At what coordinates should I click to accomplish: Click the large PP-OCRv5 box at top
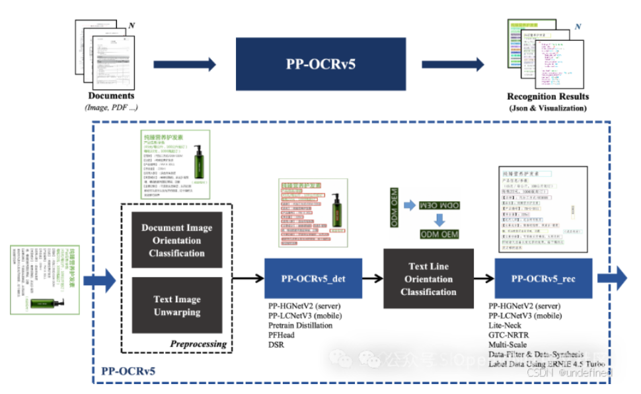click(320, 64)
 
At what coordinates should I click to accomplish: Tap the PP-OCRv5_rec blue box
click(543, 279)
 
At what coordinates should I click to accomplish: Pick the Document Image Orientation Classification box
click(176, 240)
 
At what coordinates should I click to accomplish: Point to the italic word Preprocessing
click(198, 344)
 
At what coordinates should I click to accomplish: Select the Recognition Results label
click(547, 96)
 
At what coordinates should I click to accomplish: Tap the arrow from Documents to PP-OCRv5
click(184, 64)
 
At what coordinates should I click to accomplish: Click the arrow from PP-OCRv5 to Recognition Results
click(453, 64)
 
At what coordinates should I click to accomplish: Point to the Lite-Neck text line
click(507, 325)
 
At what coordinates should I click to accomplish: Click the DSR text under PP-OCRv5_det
click(276, 344)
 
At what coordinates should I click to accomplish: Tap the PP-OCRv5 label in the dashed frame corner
click(128, 372)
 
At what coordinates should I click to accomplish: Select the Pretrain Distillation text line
click(300, 325)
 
